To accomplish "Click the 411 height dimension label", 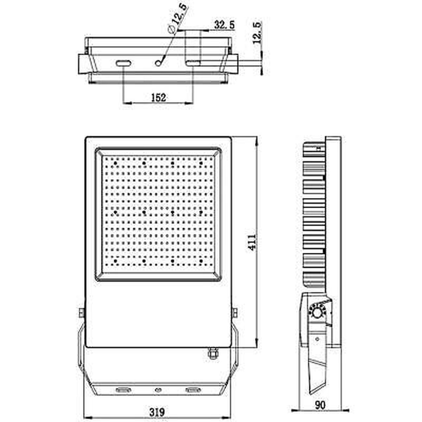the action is pyautogui.click(x=252, y=242).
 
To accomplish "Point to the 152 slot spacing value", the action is pyautogui.click(x=159, y=97).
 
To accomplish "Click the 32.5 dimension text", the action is pyautogui.click(x=224, y=25).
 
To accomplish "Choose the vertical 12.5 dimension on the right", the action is pyautogui.click(x=257, y=32).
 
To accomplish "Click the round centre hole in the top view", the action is pyautogui.click(x=158, y=63).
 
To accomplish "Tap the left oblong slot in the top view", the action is pyautogui.click(x=123, y=63).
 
